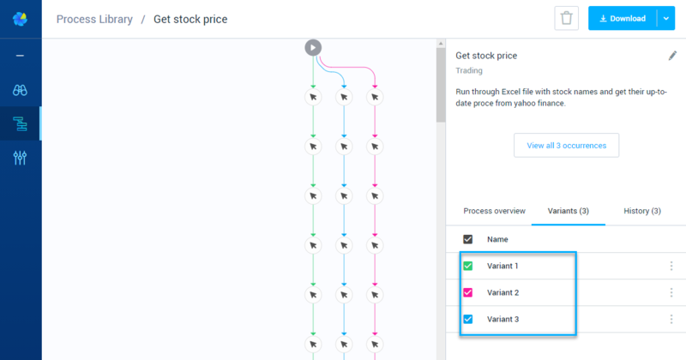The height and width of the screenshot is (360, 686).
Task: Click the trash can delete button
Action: [566, 18]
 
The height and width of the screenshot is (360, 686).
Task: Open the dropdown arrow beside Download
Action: [666, 18]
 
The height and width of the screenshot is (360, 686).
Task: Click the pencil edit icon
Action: [672, 56]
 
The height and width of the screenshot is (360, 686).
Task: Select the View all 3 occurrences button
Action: [566, 145]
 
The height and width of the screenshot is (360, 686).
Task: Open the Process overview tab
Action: [494, 211]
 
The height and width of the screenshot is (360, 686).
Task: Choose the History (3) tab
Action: [641, 211]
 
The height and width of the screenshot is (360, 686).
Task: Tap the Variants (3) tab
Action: [568, 211]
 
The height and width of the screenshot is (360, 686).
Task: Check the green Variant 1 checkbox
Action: [467, 266]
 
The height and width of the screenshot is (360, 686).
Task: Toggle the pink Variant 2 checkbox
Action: [467, 292]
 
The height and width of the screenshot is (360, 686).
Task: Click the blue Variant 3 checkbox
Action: [467, 320]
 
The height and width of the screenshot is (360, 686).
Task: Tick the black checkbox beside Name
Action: [467, 239]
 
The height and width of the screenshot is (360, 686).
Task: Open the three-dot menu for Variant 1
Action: [671, 266]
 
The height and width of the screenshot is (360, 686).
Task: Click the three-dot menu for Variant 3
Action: [671, 320]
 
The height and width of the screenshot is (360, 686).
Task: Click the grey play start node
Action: [313, 48]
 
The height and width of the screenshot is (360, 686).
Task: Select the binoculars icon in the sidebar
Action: [20, 90]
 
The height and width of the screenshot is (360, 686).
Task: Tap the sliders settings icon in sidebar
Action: [20, 158]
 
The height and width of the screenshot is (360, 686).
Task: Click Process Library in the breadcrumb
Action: [94, 19]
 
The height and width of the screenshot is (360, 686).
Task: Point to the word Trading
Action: [469, 70]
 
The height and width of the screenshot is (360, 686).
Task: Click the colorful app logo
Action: [20, 19]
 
